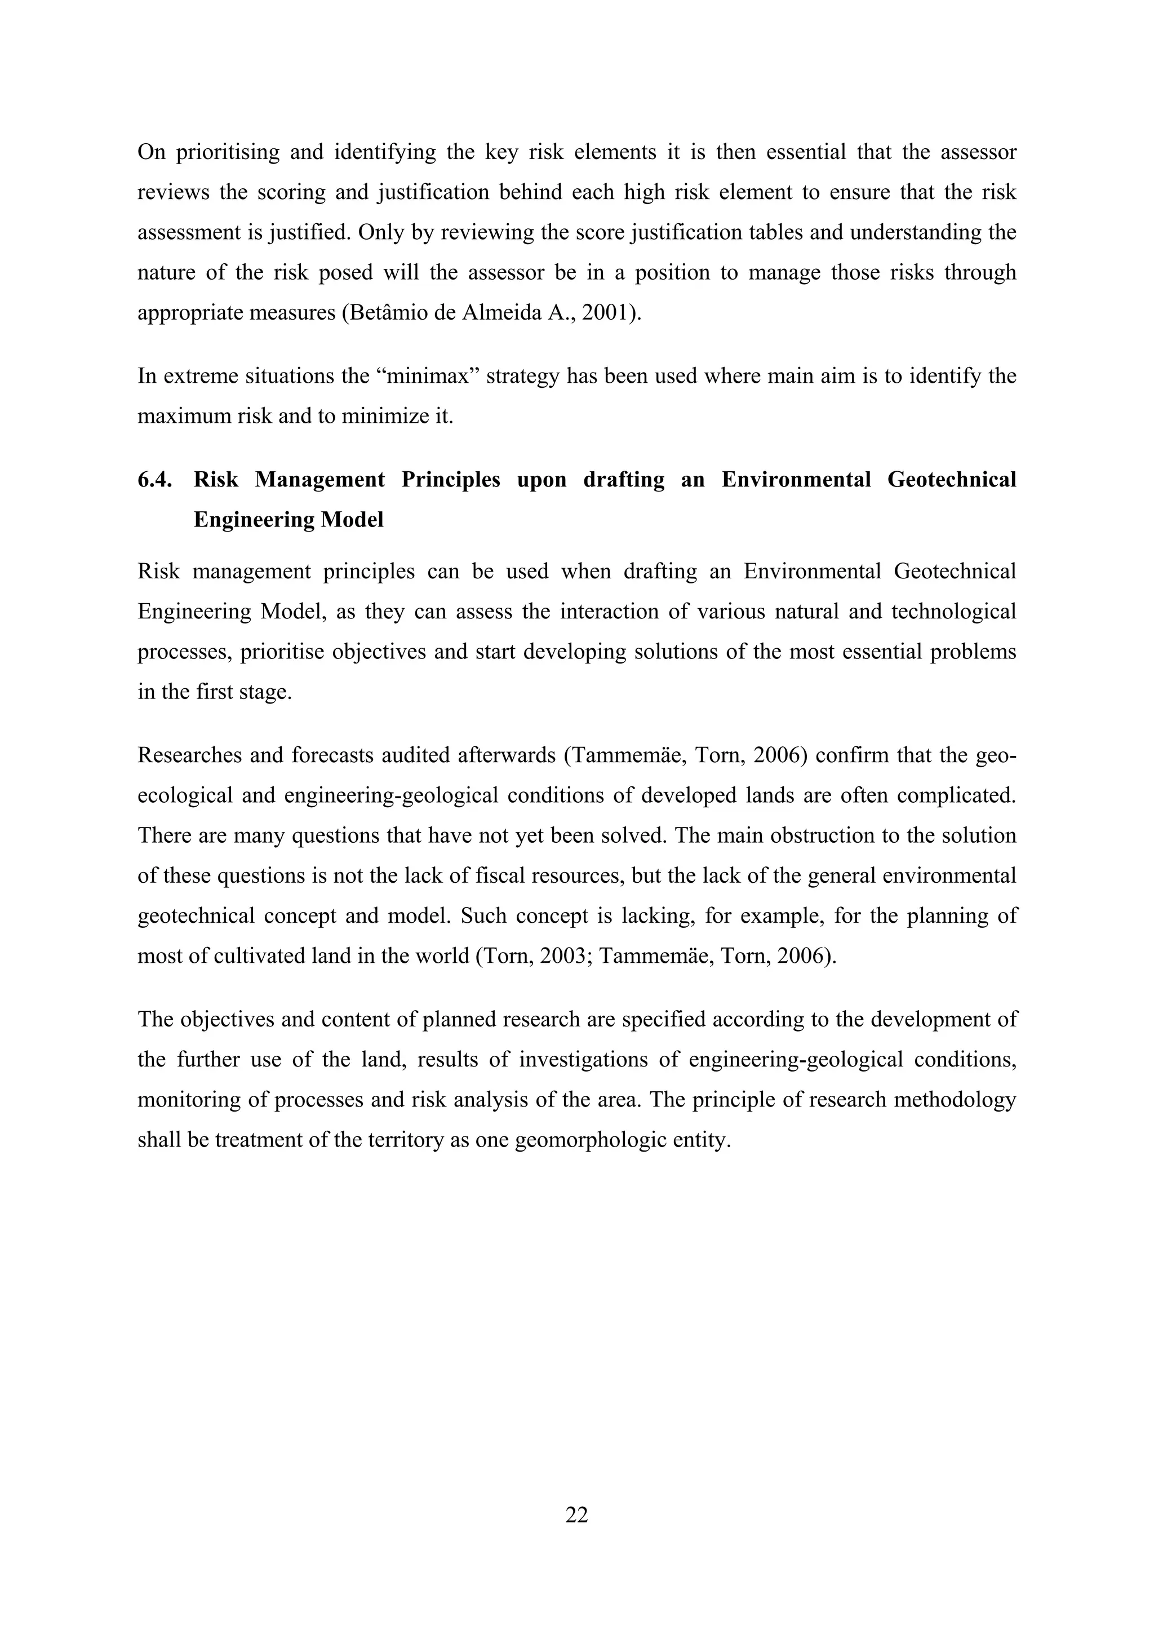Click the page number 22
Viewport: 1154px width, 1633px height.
coord(576,1516)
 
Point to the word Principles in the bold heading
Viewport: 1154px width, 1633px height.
coord(451,480)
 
